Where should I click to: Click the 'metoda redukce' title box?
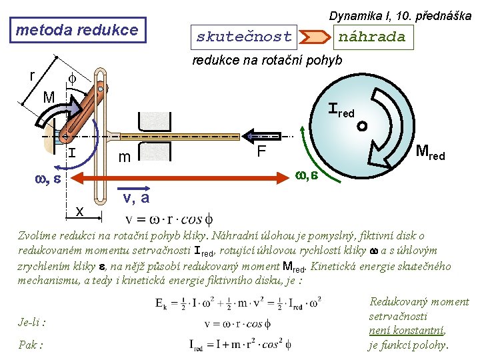tap(78, 30)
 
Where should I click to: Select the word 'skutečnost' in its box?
tap(244, 37)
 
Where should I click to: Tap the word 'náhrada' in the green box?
tap(372, 37)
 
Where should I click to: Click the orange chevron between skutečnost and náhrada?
tap(315, 37)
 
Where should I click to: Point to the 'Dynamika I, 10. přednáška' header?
tap(400, 16)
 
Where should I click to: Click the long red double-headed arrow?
tap(180, 178)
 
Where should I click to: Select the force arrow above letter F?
tap(261, 136)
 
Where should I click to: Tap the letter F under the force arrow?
tap(261, 151)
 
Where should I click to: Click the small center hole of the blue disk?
tap(362, 126)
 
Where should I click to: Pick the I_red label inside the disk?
tap(341, 110)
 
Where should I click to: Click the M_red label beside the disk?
tap(431, 152)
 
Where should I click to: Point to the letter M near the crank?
tap(49, 97)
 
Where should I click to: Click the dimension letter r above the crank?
tap(32, 75)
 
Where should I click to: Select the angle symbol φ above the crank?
tap(72, 79)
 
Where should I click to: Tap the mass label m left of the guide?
tap(124, 157)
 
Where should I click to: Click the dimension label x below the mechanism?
tap(79, 211)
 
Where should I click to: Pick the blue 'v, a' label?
tap(136, 198)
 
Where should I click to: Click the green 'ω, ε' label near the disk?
tap(307, 175)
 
